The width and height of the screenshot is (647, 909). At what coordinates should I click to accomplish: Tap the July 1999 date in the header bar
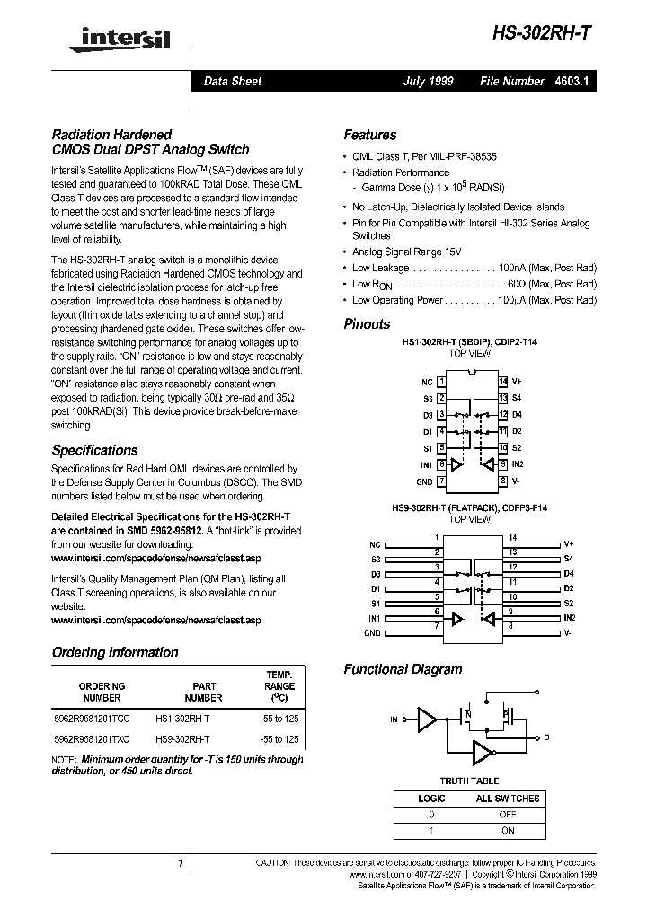point(428,81)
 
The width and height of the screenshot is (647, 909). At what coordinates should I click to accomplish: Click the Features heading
point(369,135)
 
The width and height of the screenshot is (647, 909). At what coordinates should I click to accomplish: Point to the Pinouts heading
point(367,324)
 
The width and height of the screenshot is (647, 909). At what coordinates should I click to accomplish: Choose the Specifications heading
point(94,450)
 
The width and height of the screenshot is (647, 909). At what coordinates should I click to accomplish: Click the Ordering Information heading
point(115,652)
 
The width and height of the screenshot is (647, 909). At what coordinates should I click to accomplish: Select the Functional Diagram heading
point(403,669)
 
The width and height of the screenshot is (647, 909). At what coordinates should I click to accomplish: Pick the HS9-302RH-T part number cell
point(182,739)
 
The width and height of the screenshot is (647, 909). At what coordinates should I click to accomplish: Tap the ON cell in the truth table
point(508,831)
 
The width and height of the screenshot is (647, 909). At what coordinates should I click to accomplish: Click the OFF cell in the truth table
point(508,815)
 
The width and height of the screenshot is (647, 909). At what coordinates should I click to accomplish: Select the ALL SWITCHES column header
point(508,798)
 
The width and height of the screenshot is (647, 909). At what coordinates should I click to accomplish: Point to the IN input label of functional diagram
point(394,719)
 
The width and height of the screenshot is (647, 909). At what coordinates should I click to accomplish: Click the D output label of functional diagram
point(546,737)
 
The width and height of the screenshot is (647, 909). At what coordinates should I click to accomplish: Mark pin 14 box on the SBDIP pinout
point(503,382)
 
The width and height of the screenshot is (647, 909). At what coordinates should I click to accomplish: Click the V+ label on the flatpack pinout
point(568,544)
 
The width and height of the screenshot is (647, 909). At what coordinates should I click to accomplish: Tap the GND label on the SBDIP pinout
point(425,481)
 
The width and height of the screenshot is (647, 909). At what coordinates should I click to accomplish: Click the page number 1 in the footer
point(181,863)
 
